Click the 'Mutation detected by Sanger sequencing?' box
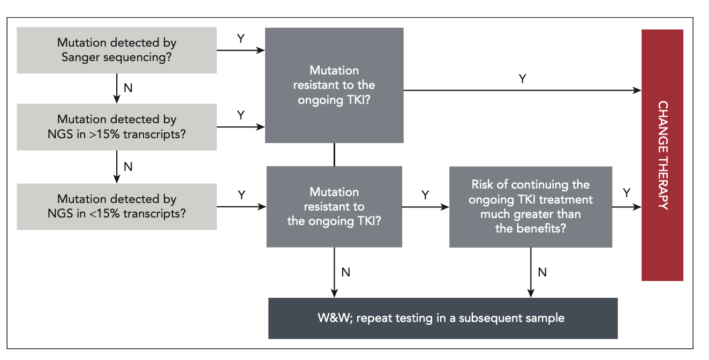pyautogui.click(x=117, y=50)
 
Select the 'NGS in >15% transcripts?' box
pyautogui.click(x=117, y=127)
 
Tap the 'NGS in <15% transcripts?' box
pyautogui.click(x=117, y=206)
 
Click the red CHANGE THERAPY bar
pyautogui.click(x=662, y=155)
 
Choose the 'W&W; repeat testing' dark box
pyautogui.click(x=442, y=318)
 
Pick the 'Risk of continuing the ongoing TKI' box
pyautogui.click(x=530, y=207)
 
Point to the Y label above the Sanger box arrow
pyautogui.click(x=240, y=39)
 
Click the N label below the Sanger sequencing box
pyautogui.click(x=128, y=88)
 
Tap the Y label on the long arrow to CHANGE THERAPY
pyautogui.click(x=522, y=79)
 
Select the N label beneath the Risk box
pyautogui.click(x=542, y=272)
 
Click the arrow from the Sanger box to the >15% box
pyautogui.click(x=117, y=88)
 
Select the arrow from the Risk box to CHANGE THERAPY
pyautogui.click(x=627, y=206)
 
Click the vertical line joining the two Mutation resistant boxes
pyautogui.click(x=334, y=154)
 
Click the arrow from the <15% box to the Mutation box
pyautogui.click(x=241, y=206)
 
